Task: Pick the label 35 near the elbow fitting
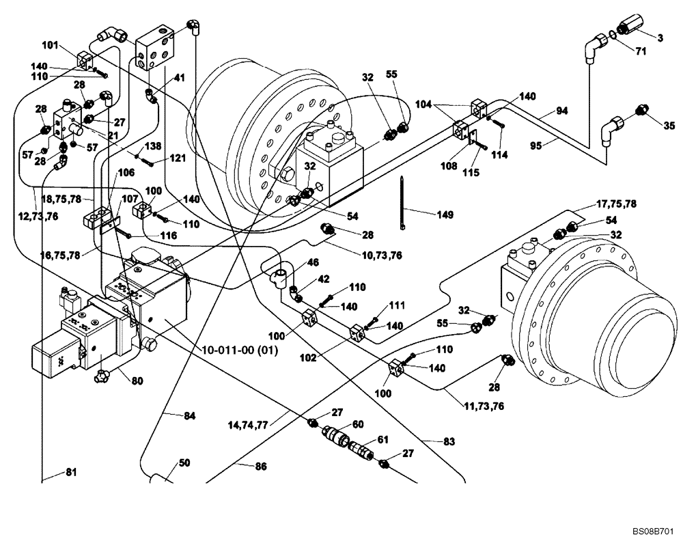pyautogui.click(x=669, y=125)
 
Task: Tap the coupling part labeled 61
pyautogui.click(x=361, y=449)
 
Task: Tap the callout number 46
pyautogui.click(x=312, y=262)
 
